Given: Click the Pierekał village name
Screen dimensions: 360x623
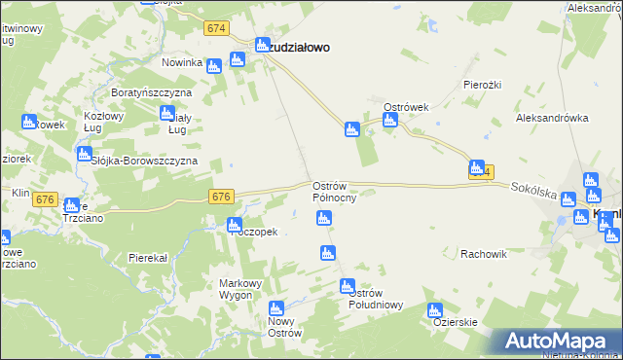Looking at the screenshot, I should click(x=149, y=258).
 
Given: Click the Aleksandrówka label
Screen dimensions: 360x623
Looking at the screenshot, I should click(x=554, y=118).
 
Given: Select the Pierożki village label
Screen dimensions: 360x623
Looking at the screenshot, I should click(x=482, y=85).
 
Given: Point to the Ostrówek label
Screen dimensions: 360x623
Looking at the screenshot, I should click(x=407, y=106).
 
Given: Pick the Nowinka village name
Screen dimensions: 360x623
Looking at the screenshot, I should click(x=182, y=63).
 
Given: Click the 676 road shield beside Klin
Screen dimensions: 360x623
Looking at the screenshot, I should click(x=45, y=199).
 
